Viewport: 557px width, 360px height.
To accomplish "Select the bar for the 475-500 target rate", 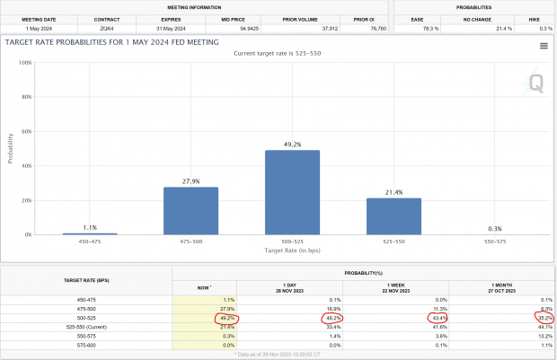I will coord(191,211).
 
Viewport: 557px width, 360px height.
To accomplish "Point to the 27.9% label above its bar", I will coord(191,180).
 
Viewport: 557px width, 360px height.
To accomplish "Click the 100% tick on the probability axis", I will coord(26,63).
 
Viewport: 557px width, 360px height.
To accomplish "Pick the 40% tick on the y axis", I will coord(26,166).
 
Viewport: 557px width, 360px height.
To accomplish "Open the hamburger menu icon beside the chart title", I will coord(544,45).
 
